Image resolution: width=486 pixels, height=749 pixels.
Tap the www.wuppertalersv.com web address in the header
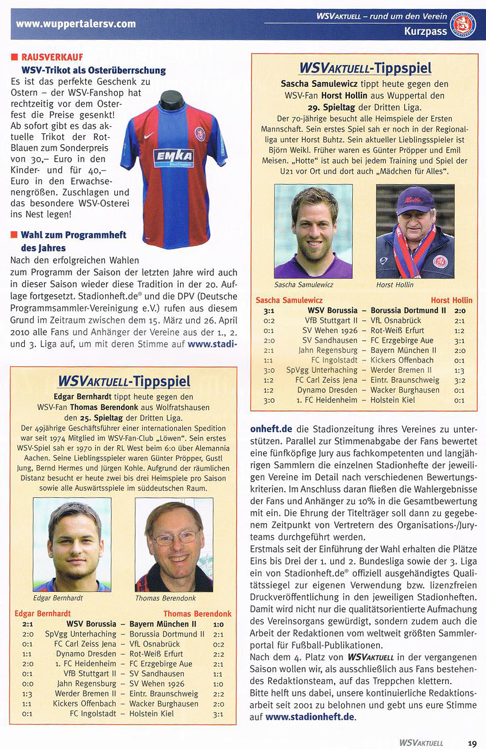pos(76,24)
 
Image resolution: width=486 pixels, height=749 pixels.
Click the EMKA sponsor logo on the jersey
pos(174,158)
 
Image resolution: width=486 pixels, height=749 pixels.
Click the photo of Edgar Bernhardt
pos(72,545)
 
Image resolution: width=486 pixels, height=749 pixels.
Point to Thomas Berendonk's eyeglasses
pos(175,536)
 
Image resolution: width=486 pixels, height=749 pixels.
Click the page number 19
pos(472,743)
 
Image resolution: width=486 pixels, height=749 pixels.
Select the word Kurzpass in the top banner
pos(425,32)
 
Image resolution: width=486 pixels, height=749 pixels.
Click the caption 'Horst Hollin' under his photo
pos(395,285)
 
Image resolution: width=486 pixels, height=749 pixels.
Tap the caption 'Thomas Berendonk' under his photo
pos(165,598)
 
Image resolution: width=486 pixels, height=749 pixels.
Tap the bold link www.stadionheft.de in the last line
pos(310,717)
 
